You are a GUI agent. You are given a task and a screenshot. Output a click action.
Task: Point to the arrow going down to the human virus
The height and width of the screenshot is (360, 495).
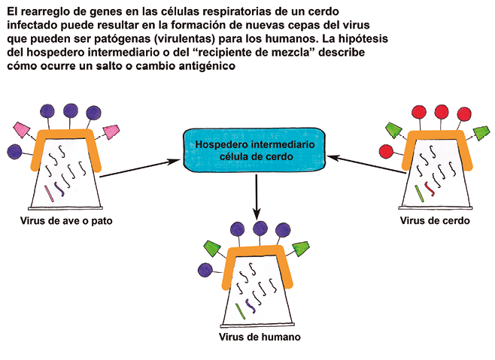click(256, 192)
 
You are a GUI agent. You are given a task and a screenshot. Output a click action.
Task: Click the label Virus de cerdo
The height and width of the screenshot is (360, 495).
click(434, 221)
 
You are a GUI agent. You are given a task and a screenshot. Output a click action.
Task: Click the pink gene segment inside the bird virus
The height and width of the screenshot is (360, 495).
click(50, 191)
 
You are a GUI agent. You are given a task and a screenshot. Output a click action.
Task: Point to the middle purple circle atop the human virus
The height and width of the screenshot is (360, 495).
click(261, 228)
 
